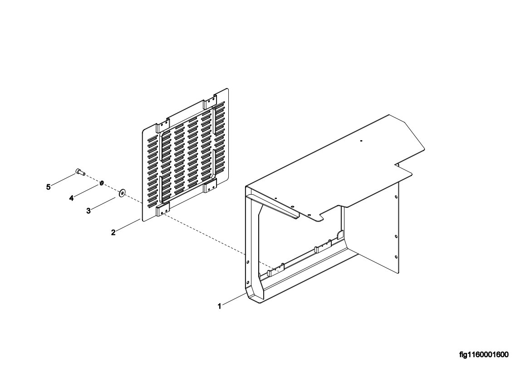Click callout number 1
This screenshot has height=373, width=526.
(x=219, y=306)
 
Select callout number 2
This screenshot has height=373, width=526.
(x=113, y=232)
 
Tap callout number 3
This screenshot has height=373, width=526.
(x=88, y=211)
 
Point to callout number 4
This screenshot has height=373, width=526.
(x=71, y=199)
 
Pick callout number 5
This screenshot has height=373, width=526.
(x=48, y=187)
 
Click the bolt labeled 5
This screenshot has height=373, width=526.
(x=80, y=172)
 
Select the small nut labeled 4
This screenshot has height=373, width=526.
(x=101, y=183)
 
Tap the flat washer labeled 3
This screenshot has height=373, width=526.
(x=122, y=192)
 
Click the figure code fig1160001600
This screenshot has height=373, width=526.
(x=484, y=355)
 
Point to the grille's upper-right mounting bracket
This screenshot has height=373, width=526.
(x=209, y=102)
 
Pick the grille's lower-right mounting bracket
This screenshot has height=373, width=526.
(x=210, y=186)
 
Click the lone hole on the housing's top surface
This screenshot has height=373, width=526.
(x=361, y=141)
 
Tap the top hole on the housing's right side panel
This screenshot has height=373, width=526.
(x=396, y=197)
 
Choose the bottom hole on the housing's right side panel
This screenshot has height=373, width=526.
(x=396, y=257)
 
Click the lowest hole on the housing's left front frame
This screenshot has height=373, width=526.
(x=247, y=282)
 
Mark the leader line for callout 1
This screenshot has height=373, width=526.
(x=234, y=299)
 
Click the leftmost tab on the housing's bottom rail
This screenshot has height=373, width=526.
(x=275, y=270)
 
